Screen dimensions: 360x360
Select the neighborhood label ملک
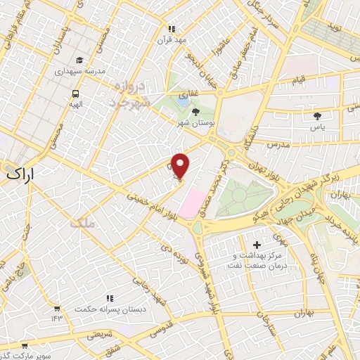point(83,224)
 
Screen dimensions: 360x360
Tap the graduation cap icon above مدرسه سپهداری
point(79,60)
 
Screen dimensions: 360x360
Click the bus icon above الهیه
point(75,94)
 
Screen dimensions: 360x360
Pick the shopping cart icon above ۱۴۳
point(56,308)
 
